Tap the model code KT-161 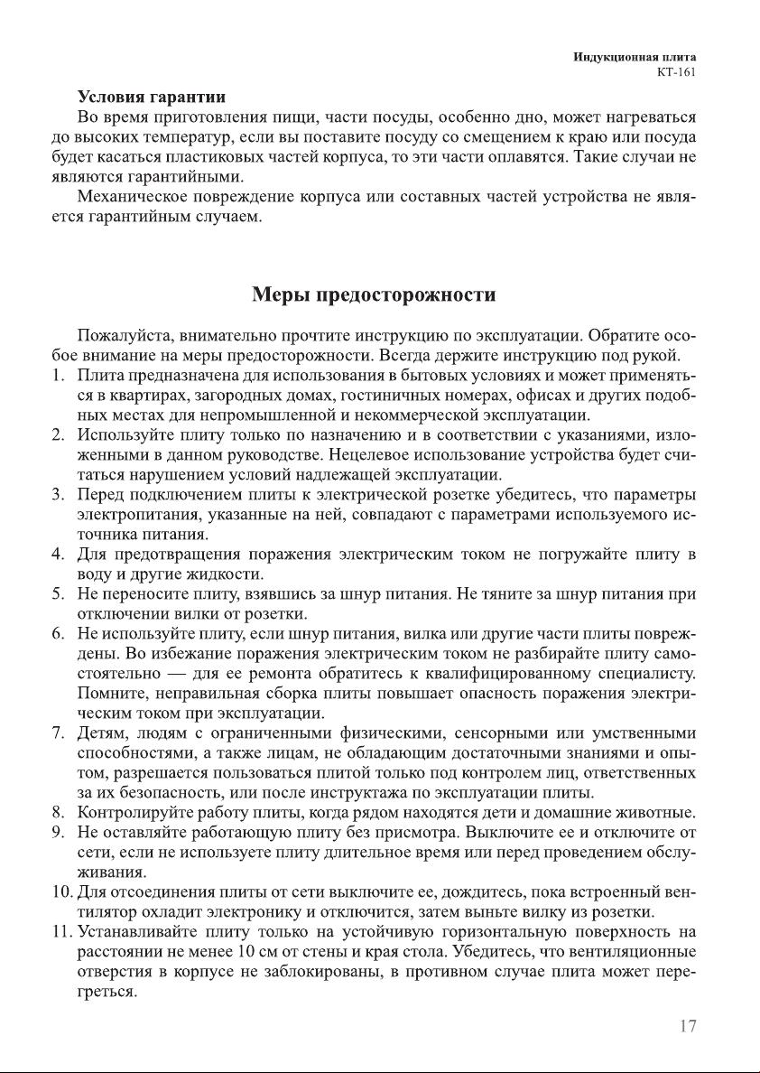676,73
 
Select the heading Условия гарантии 151,96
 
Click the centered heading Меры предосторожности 374,295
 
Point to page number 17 687,1027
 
